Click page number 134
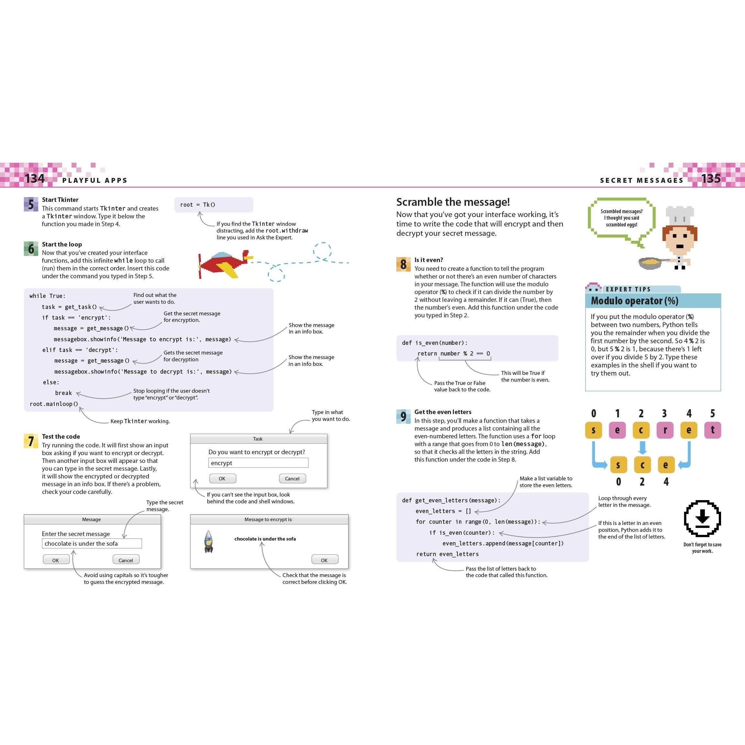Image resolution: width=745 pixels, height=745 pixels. pos(35,179)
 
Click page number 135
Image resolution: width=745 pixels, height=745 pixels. pos(711,179)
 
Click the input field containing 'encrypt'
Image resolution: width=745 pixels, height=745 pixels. pos(258,463)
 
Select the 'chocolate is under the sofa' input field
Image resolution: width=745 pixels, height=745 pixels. pos(92,543)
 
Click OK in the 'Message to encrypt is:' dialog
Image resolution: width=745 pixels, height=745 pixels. pos(324,560)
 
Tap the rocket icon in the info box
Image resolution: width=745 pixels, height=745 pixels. pos(209,542)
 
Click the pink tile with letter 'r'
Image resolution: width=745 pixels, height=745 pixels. pos(665,430)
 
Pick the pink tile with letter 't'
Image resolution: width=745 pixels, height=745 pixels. pos(712,430)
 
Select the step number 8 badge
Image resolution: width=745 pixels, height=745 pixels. pos(403,264)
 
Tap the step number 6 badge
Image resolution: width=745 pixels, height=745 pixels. pos(31,249)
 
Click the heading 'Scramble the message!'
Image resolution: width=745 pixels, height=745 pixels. pos(453,202)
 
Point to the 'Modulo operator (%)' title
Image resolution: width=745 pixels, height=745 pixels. pos(634,301)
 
